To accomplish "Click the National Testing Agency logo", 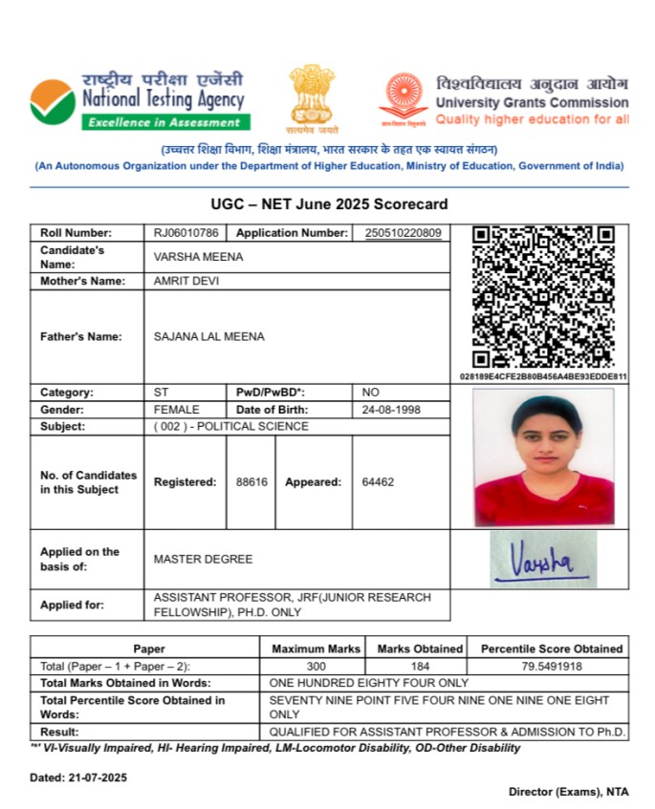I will [54, 101].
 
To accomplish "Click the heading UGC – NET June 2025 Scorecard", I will [329, 204].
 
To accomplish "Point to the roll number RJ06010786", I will [186, 233].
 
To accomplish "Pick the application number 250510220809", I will [403, 233].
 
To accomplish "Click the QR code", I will [543, 297].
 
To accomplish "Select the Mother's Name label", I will [82, 281].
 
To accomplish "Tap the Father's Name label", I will [80, 336].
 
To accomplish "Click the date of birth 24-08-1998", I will [391, 410].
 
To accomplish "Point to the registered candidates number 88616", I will [251, 482].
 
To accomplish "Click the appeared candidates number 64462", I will [378, 482].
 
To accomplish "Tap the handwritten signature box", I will [543, 559].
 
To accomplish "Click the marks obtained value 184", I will [420, 666].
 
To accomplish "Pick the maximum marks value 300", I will [317, 666].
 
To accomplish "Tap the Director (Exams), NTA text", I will [568, 793].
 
